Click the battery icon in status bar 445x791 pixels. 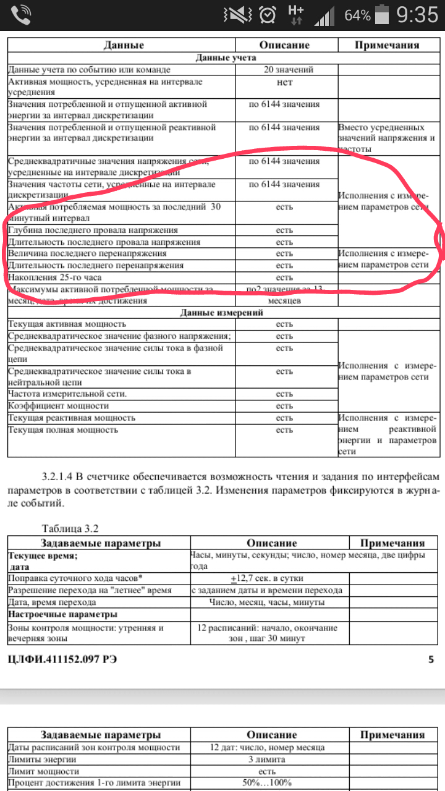[x=384, y=14]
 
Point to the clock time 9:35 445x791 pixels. [x=417, y=15]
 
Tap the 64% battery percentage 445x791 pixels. [x=357, y=15]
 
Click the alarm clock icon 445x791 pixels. [x=268, y=15]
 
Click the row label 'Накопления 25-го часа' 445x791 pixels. [x=54, y=277]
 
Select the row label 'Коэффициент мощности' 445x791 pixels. [x=58, y=406]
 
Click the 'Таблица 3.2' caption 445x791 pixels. [x=70, y=528]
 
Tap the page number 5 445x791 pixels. [x=431, y=659]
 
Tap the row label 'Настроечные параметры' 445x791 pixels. [x=62, y=615]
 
